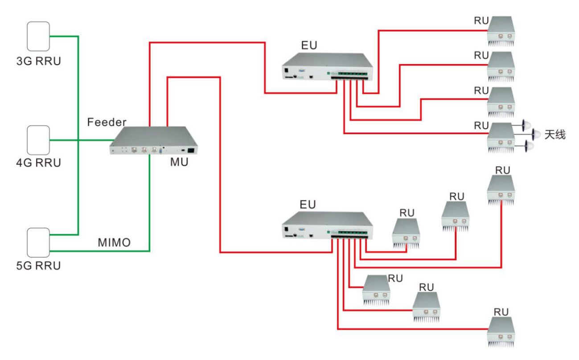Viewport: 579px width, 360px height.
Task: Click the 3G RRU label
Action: [38, 61]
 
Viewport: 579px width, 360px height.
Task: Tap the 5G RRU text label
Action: [38, 266]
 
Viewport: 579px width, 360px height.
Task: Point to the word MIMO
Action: [114, 243]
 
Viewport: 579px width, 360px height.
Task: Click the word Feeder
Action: [107, 122]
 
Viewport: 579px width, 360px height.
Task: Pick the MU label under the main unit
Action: [179, 162]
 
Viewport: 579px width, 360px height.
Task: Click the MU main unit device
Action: [154, 140]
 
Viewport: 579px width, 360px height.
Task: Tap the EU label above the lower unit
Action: [308, 205]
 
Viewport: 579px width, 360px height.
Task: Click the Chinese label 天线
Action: [555, 134]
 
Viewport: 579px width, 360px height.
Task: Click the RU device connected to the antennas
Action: [501, 138]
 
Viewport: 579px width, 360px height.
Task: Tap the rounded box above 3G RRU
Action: [38, 37]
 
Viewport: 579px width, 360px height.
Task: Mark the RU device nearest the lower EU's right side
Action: [406, 233]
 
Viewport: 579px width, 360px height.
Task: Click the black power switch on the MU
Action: [192, 151]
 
